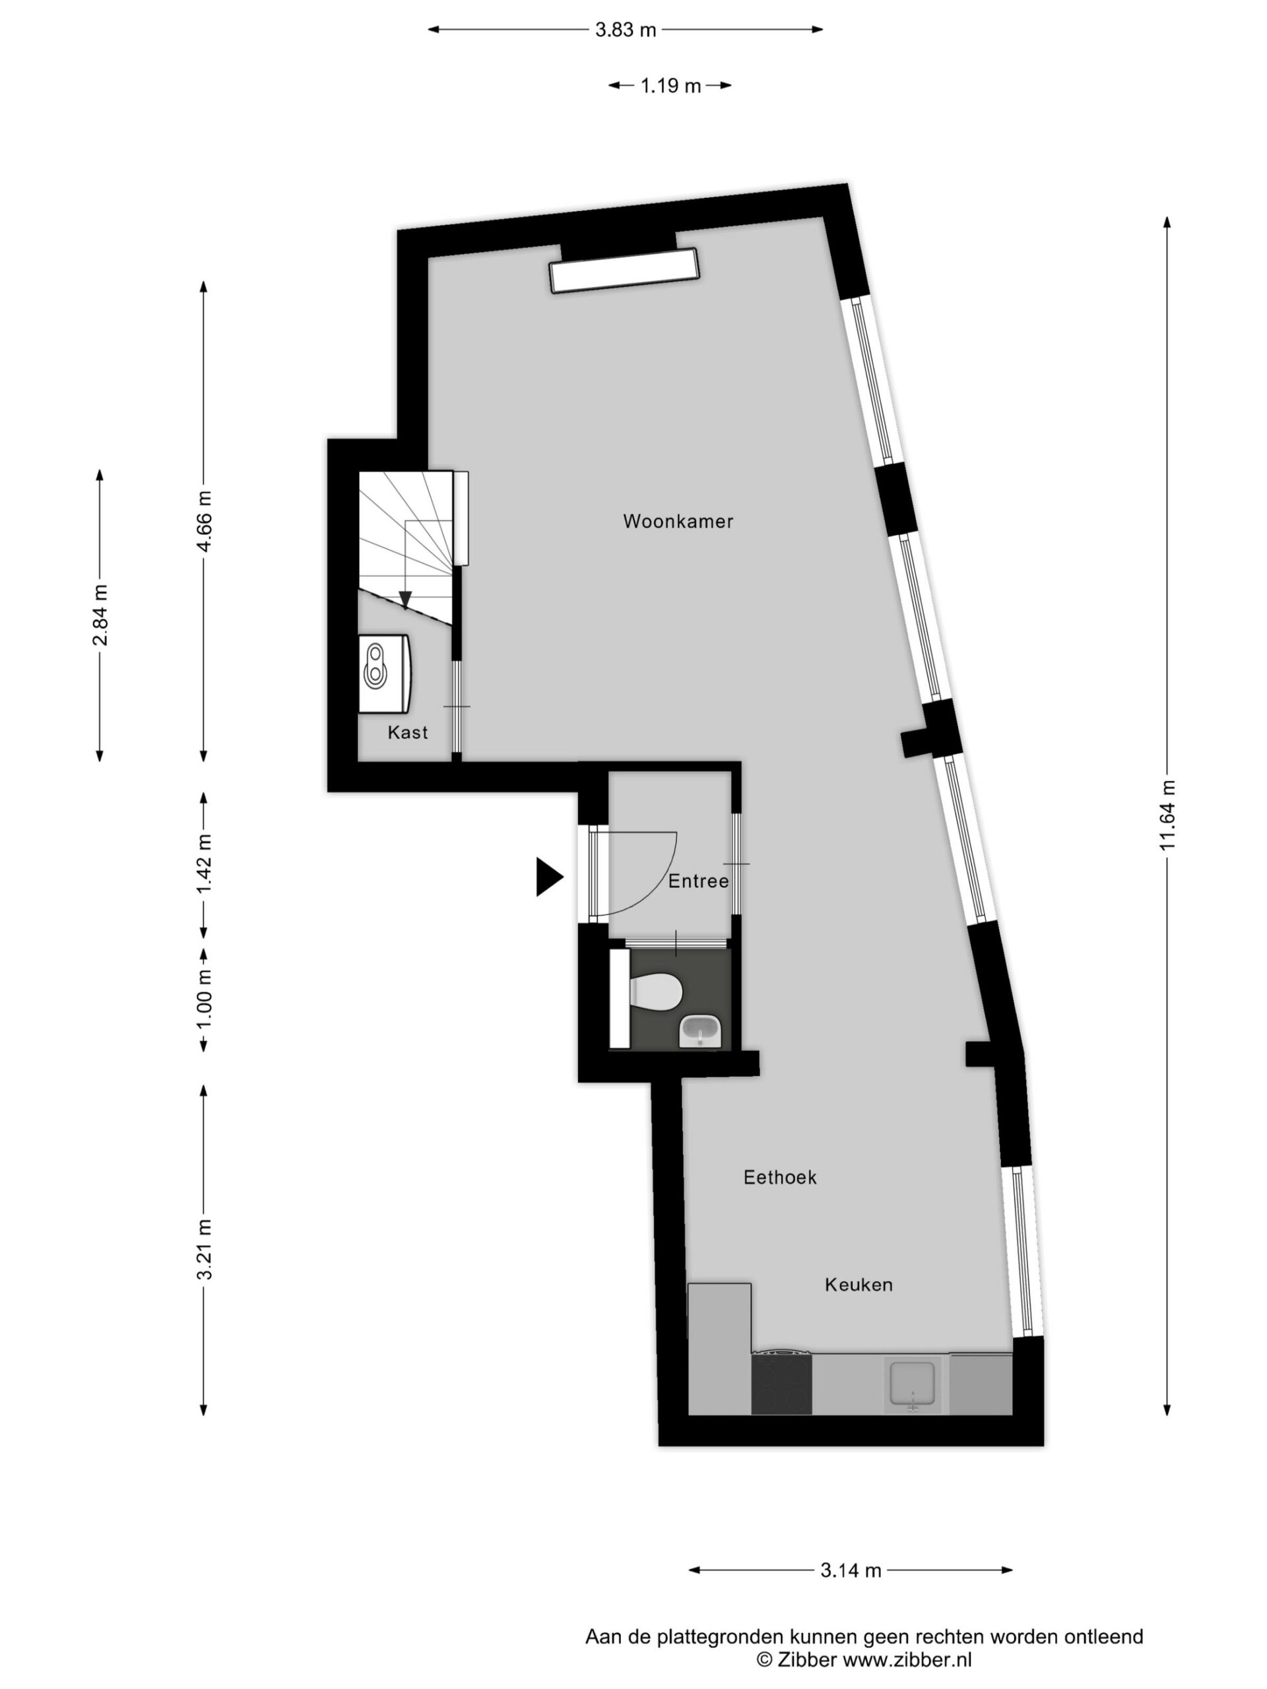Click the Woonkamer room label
[678, 521]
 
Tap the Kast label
[408, 732]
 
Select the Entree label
[698, 881]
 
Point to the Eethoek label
[780, 1178]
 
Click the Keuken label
[859, 1285]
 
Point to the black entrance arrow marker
[548, 877]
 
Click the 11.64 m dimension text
[1166, 815]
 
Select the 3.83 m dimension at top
[626, 30]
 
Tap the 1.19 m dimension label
[670, 86]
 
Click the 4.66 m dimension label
[204, 521]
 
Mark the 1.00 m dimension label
[204, 1000]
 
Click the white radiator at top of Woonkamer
[625, 271]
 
